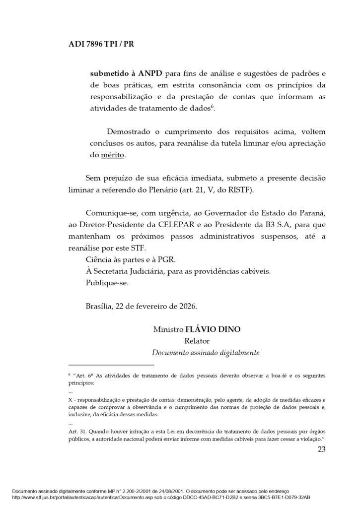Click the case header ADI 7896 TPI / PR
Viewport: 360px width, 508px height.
pos(101,44)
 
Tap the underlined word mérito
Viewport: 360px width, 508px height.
pos(113,155)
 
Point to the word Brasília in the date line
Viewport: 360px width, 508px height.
pos(99,308)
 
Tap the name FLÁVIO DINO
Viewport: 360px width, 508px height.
pos(215,329)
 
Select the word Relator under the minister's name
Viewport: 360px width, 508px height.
pos(197,341)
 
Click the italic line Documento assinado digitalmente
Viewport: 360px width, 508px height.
pos(206,353)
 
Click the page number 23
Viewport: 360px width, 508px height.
pos(321,450)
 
